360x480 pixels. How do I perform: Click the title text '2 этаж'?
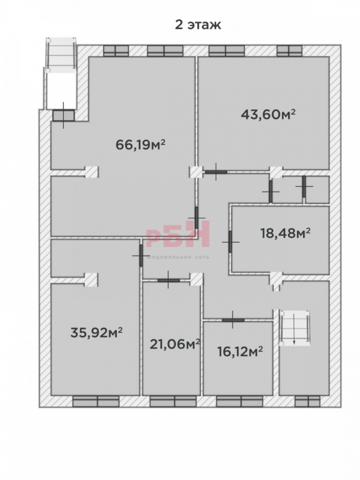(x=198, y=25)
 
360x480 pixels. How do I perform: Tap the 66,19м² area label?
(x=140, y=144)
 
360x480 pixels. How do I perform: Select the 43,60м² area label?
(x=268, y=114)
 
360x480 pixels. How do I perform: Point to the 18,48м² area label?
(x=285, y=233)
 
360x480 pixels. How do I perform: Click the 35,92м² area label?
(x=97, y=332)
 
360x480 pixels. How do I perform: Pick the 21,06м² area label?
(x=175, y=344)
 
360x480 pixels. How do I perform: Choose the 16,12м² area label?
(x=240, y=351)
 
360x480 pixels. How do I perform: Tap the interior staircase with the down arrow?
(x=294, y=328)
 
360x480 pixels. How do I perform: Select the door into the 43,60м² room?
(x=216, y=172)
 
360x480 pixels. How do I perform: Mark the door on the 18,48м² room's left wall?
(x=230, y=242)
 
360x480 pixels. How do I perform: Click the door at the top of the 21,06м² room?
(x=169, y=280)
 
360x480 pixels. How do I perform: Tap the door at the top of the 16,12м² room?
(x=233, y=320)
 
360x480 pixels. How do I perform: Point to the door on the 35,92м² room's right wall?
(x=141, y=255)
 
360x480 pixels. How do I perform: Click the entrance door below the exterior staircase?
(x=63, y=115)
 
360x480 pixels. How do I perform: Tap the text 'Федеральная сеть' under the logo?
(x=178, y=257)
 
